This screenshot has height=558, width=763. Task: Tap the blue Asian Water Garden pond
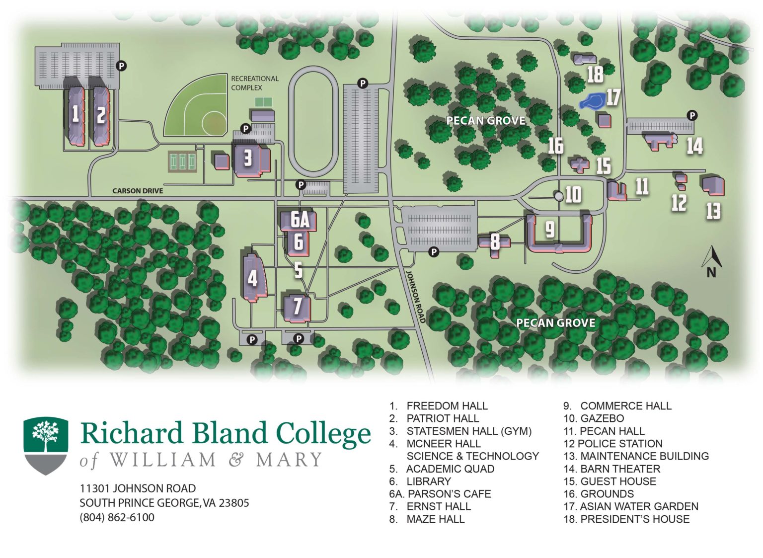592,101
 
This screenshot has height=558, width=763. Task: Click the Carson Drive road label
138,191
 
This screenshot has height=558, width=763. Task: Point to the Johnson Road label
416,297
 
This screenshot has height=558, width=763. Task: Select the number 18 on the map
595,75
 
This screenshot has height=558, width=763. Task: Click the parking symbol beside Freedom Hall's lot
121,65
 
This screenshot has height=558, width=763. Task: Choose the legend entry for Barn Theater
612,469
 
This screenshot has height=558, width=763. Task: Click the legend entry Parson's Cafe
440,494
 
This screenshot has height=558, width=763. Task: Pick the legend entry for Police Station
613,443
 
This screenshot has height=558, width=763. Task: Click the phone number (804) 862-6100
117,517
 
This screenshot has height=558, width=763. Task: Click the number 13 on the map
713,211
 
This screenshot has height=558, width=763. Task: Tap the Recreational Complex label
254,83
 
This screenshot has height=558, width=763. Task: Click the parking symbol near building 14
692,116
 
